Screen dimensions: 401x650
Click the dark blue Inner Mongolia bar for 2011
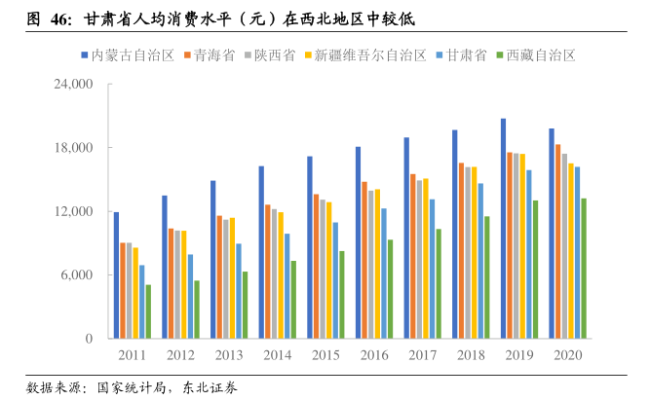pos(116,275)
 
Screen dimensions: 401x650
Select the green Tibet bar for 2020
pos(584,269)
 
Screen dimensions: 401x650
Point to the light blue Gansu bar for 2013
pos(239,291)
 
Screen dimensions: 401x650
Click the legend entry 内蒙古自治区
pos(133,55)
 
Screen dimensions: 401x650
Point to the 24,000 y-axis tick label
pos(73,85)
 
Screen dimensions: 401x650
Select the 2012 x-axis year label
pos(180,355)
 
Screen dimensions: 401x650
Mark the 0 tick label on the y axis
pos(89,339)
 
